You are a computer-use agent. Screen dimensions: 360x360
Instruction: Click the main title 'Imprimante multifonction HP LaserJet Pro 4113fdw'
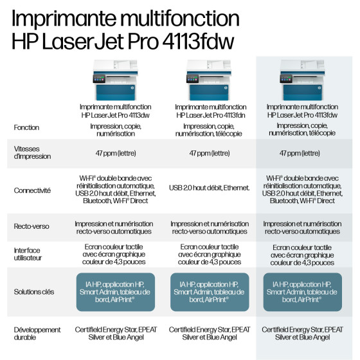125,30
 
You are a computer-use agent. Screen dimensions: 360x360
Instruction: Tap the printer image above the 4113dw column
116,80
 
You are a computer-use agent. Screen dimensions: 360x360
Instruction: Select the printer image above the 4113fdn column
209,80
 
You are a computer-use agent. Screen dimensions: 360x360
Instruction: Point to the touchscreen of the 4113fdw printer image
286,78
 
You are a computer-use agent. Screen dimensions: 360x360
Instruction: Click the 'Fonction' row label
26,127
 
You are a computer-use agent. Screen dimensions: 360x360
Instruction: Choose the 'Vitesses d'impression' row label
32,152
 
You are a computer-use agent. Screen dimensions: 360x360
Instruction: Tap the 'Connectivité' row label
32,190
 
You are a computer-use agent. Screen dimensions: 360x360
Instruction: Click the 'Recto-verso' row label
32,226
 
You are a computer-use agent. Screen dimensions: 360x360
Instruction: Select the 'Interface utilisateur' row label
28,254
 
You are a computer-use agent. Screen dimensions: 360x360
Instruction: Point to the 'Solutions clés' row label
34,292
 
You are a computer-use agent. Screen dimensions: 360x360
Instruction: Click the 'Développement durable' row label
37,334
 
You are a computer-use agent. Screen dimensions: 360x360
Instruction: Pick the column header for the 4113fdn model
211,111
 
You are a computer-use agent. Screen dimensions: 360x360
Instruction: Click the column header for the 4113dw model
116,111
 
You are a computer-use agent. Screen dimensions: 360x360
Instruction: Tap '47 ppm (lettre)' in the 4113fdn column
210,153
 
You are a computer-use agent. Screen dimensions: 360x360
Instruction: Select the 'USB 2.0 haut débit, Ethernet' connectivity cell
209,188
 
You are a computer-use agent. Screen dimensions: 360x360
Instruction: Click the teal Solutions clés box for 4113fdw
302,292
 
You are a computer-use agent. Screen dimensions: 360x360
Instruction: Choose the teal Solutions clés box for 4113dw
116,292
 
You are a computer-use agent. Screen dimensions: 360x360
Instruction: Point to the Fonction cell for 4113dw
116,130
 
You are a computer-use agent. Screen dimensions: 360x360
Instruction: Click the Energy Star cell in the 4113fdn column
210,334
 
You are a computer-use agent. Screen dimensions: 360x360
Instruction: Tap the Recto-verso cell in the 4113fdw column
302,228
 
